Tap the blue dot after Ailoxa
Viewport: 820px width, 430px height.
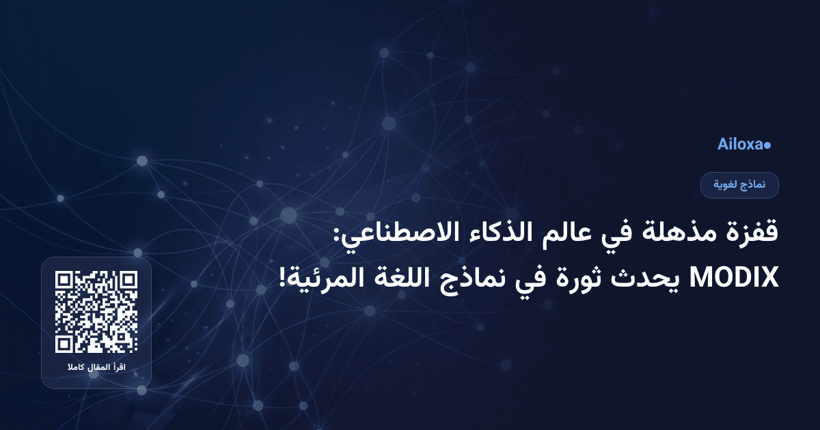[767, 145]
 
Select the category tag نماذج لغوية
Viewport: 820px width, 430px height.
[740, 185]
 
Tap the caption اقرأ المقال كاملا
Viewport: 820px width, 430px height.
[96, 369]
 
